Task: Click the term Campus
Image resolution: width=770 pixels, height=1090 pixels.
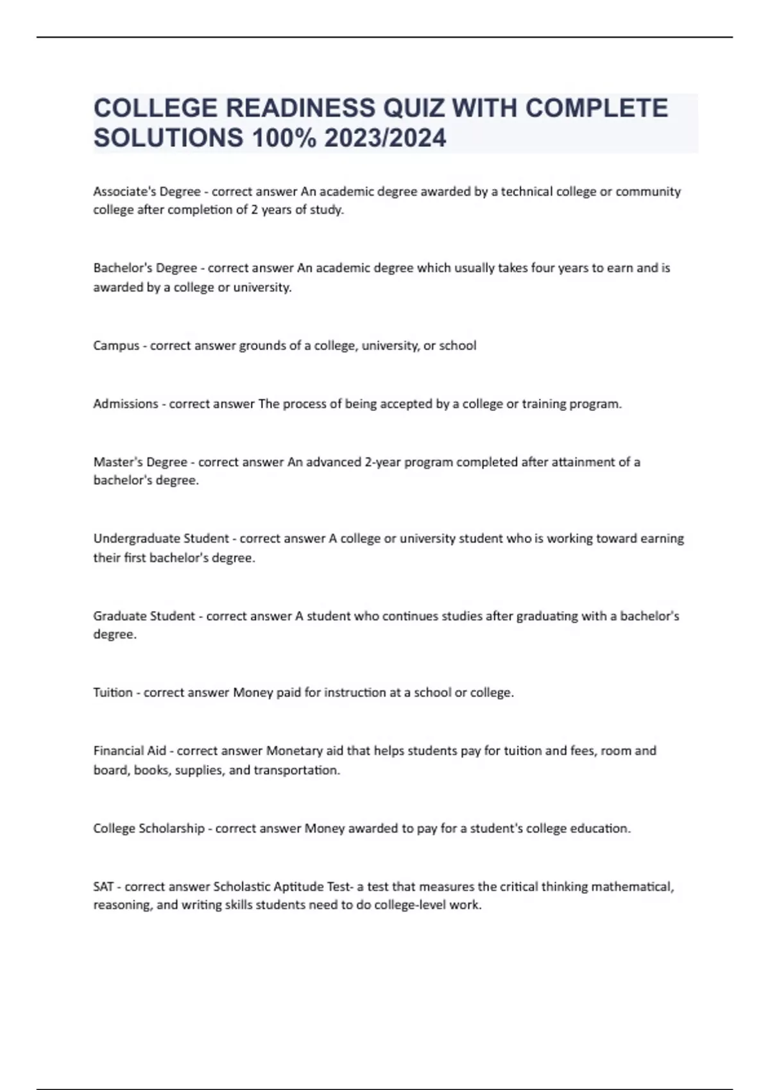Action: pyautogui.click(x=116, y=346)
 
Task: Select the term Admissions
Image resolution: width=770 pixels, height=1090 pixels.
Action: pyautogui.click(x=126, y=404)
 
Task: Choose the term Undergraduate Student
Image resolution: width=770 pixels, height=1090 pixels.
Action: pyautogui.click(x=161, y=539)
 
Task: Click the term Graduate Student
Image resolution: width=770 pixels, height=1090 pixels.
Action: pyautogui.click(x=144, y=616)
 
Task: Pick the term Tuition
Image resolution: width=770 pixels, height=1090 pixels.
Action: pyautogui.click(x=113, y=692)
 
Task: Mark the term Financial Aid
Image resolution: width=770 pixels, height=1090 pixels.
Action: pyautogui.click(x=130, y=751)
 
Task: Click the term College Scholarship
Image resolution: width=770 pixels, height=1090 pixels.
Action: pyautogui.click(x=149, y=828)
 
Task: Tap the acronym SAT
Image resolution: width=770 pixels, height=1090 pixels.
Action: pyautogui.click(x=103, y=887)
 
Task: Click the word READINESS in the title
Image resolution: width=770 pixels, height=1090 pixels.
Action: pyautogui.click(x=301, y=108)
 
